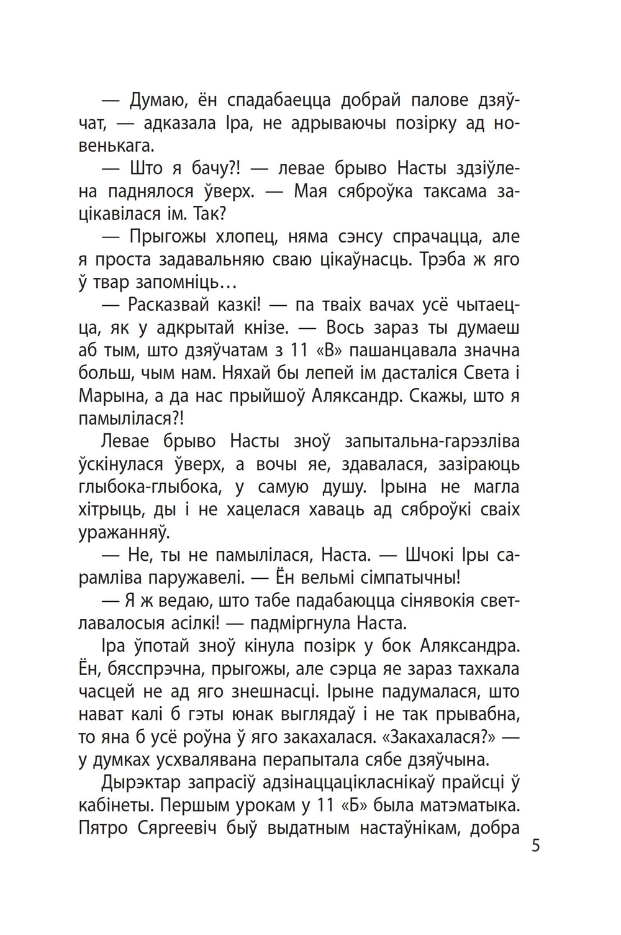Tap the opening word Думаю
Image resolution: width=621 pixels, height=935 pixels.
[156, 100]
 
